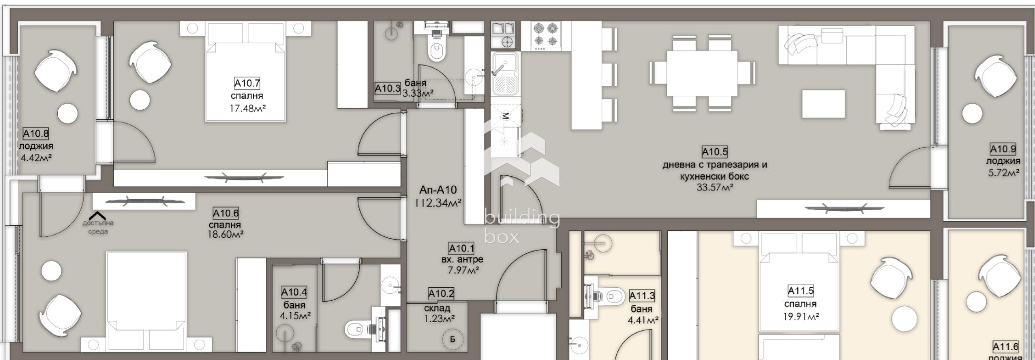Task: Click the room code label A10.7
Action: point(247,83)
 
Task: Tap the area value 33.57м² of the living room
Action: point(715,187)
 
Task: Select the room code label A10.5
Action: point(715,152)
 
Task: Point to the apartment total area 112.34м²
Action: point(438,203)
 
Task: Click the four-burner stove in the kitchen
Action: point(546,35)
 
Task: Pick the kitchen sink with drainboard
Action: point(504,73)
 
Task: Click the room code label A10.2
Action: point(441,294)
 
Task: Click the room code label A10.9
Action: point(1003,149)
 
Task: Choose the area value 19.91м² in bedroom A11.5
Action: point(800,316)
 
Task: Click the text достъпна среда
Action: point(98,227)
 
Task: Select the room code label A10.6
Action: point(226,213)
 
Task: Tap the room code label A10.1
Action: point(461,249)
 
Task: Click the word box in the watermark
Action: point(501,237)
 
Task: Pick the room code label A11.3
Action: point(642,296)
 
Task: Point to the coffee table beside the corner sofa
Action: point(823,104)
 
